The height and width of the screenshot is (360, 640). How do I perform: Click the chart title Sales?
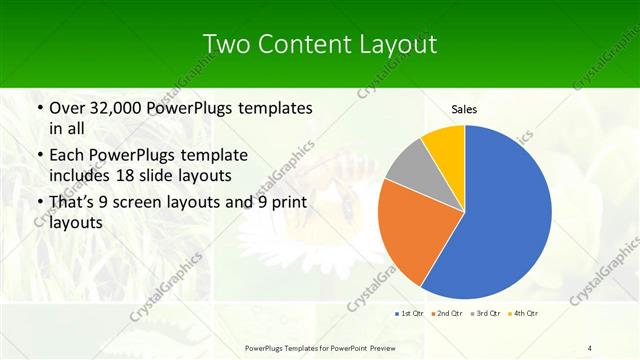(x=463, y=108)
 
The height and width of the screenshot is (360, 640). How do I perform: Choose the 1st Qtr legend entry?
(x=411, y=314)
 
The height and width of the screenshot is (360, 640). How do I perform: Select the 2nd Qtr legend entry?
(x=447, y=314)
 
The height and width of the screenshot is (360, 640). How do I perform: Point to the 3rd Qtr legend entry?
(x=485, y=314)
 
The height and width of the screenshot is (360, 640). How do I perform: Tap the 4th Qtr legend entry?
(x=524, y=314)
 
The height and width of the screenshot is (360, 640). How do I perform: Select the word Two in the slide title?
(x=225, y=44)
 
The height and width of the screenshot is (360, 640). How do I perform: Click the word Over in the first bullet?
(x=67, y=108)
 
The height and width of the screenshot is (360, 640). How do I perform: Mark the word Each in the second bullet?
(x=67, y=155)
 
